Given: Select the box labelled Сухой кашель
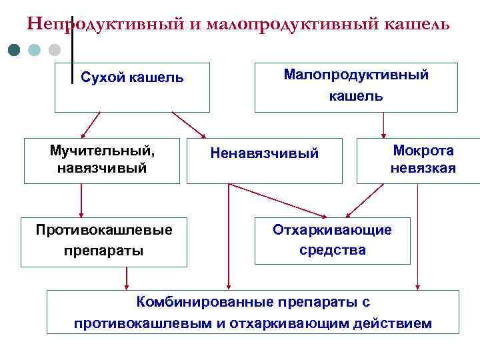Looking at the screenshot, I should [132, 87].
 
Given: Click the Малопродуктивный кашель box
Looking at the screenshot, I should [356, 87].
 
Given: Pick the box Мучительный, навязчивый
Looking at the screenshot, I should [102, 161].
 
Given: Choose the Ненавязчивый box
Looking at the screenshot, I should [264, 161].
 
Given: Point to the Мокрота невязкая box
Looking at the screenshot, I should [419, 160].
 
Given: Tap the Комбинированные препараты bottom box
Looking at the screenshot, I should [253, 312].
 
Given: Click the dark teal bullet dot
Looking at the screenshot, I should [15, 50].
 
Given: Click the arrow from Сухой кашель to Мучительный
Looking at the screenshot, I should [89, 125].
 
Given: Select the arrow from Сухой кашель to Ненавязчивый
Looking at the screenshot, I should [189, 125].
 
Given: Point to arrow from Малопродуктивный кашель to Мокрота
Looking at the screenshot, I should [383, 125].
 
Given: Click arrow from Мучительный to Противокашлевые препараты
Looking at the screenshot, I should [81, 201].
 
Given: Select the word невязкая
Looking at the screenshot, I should [423, 168].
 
